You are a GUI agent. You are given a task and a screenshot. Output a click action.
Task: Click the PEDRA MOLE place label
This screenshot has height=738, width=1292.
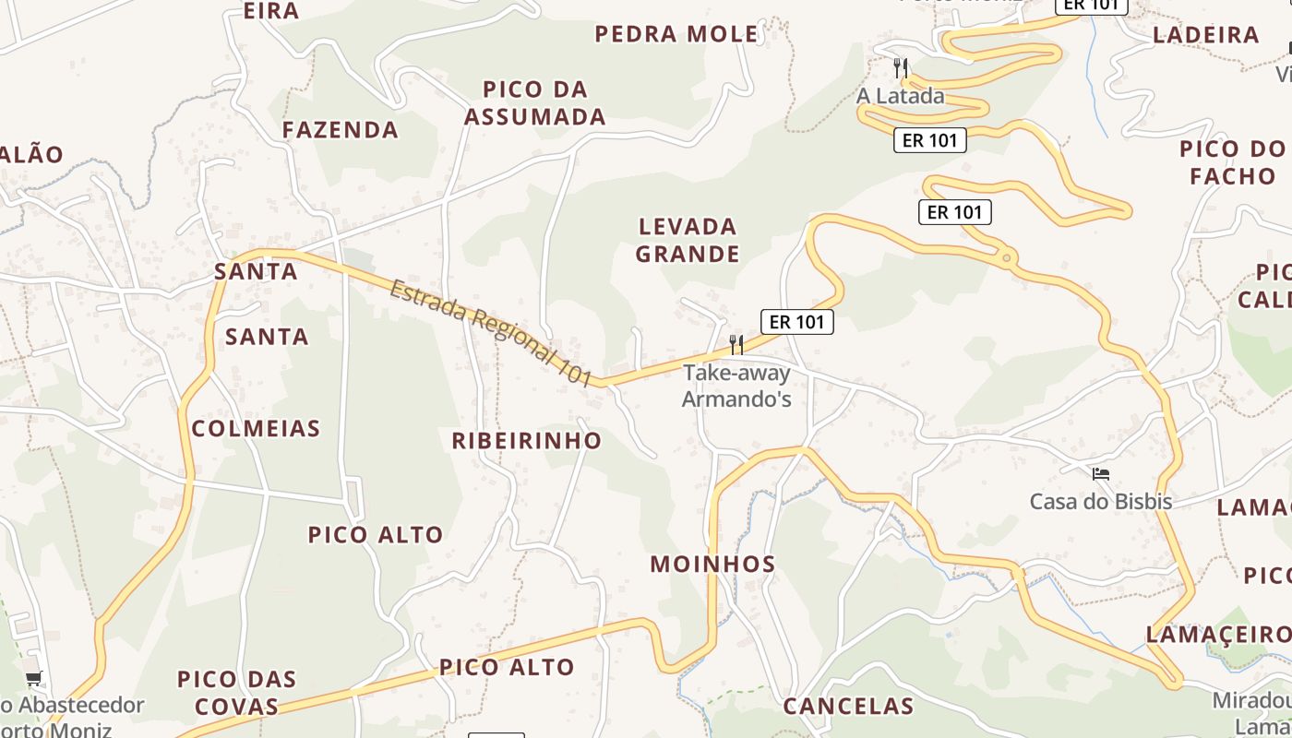pyautogui.click(x=676, y=35)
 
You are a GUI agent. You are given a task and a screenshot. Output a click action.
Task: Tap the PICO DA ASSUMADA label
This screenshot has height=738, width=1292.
pyautogui.click(x=535, y=103)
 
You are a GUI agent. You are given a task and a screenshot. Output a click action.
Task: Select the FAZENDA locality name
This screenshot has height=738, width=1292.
pyautogui.click(x=341, y=130)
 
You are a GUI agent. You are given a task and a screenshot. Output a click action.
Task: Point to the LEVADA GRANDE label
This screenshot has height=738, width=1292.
pyautogui.click(x=688, y=240)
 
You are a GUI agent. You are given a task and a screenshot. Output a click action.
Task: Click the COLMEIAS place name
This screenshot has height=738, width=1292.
pyautogui.click(x=256, y=428)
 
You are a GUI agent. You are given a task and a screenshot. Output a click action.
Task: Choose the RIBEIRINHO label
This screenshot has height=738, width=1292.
pyautogui.click(x=526, y=441)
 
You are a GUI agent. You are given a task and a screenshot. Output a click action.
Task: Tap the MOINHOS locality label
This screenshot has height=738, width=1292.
pyautogui.click(x=712, y=565)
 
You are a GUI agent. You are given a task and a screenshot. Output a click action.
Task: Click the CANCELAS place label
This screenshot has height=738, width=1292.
pyautogui.click(x=848, y=707)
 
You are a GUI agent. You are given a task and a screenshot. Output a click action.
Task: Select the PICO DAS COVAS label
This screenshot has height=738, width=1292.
pyautogui.click(x=236, y=693)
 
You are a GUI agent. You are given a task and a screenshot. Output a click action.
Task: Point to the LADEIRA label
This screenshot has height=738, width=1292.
pyautogui.click(x=1206, y=36)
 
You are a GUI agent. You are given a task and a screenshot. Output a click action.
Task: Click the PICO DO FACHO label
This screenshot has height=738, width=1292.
pyautogui.click(x=1232, y=162)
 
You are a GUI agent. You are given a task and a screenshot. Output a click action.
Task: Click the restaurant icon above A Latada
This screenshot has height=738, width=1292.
pyautogui.click(x=902, y=67)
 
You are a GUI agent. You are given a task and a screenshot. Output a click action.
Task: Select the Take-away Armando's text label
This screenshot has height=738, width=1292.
pyautogui.click(x=736, y=386)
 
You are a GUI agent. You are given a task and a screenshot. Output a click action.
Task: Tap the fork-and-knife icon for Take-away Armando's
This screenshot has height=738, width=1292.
pyautogui.click(x=736, y=345)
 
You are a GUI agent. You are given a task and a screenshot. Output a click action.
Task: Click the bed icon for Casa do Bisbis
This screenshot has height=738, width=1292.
pyautogui.click(x=1100, y=475)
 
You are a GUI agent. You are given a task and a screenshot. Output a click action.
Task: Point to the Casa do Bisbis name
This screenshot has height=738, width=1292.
pyautogui.click(x=1101, y=502)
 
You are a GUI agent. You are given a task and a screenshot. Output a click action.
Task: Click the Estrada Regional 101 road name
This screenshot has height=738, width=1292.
pyautogui.click(x=490, y=332)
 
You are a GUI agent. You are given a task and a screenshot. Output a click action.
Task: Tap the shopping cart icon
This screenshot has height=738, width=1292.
pyautogui.click(x=34, y=679)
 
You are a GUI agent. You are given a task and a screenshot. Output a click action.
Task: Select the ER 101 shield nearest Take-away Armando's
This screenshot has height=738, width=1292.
pyautogui.click(x=797, y=322)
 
